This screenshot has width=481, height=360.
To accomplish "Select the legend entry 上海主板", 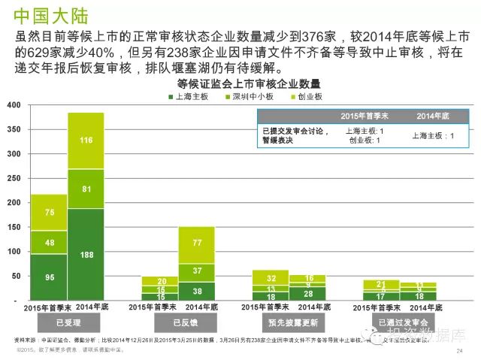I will (191, 97).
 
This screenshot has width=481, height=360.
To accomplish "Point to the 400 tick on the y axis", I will (13, 105).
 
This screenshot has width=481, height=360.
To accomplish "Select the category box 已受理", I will (66, 322).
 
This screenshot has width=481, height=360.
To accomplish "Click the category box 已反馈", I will (177, 322).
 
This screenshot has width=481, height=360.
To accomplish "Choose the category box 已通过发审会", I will (399, 322).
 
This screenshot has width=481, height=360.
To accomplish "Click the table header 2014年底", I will (434, 116).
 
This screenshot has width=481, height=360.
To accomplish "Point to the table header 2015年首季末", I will (364, 116).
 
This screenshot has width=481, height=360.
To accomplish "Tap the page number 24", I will (459, 351).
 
